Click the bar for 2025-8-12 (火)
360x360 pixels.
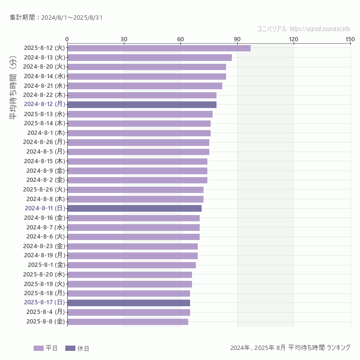point(158,48)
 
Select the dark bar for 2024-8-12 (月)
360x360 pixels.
point(142,105)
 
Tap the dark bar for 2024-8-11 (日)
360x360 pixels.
point(134,208)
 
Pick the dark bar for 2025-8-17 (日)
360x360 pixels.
point(129,303)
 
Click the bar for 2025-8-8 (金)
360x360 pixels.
point(128,322)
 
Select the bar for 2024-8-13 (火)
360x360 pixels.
point(149,58)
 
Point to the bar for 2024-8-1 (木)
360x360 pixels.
point(139,133)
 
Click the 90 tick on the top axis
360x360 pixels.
point(237,39)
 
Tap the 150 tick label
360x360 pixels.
point(350,39)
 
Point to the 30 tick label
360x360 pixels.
point(124,39)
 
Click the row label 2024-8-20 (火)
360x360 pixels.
point(44,67)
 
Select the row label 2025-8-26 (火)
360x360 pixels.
point(44,190)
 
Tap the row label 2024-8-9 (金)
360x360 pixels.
point(46,170)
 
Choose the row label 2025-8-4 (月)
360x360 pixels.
point(46,312)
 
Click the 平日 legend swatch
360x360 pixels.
point(38,348)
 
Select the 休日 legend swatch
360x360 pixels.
point(70,348)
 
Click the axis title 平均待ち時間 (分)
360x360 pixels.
point(13,96)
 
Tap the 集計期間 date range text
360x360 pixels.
point(56,18)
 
